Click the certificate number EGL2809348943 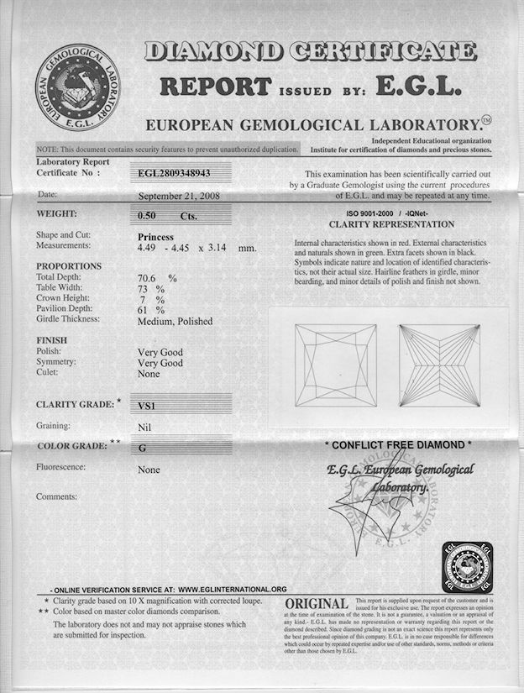pyautogui.click(x=175, y=173)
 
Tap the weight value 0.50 pyautogui.click(x=148, y=215)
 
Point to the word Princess pyautogui.click(x=155, y=237)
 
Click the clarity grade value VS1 pyautogui.click(x=149, y=405)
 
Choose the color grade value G pyautogui.click(x=143, y=448)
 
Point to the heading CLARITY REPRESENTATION pyautogui.click(x=391, y=225)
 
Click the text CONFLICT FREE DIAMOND pyautogui.click(x=397, y=444)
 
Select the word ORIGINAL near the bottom pyautogui.click(x=317, y=605)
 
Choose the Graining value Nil pyautogui.click(x=144, y=427)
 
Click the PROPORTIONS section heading pyautogui.click(x=69, y=265)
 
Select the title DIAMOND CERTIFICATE pyautogui.click(x=311, y=52)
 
